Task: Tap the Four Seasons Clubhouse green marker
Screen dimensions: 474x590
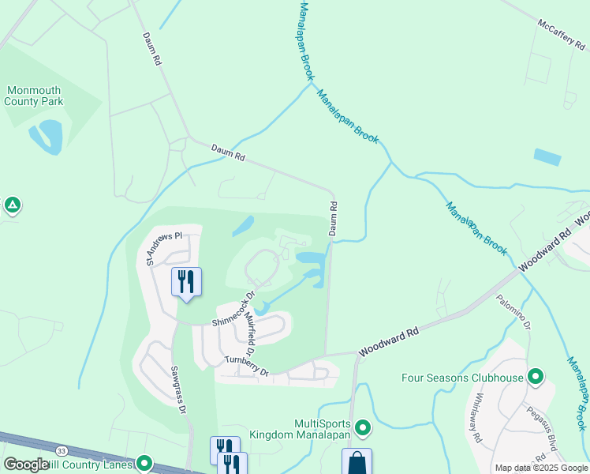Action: pyautogui.click(x=536, y=377)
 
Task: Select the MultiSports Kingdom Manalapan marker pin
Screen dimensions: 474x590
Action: pyautogui.click(x=363, y=428)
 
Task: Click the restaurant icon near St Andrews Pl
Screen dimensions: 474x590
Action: pyautogui.click(x=187, y=281)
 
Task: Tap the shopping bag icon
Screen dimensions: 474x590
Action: pyautogui.click(x=357, y=461)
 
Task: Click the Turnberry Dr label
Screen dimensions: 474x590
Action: pyautogui.click(x=246, y=367)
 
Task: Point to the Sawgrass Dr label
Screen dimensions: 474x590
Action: pyautogui.click(x=177, y=389)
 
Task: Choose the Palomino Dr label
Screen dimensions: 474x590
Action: pyautogui.click(x=514, y=314)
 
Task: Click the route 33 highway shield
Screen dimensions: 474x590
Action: pyautogui.click(x=61, y=450)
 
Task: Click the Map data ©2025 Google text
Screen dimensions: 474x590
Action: pyautogui.click(x=541, y=468)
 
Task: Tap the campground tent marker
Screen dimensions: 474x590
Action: pyautogui.click(x=12, y=205)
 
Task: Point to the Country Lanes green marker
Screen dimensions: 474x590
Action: pyautogui.click(x=144, y=463)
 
